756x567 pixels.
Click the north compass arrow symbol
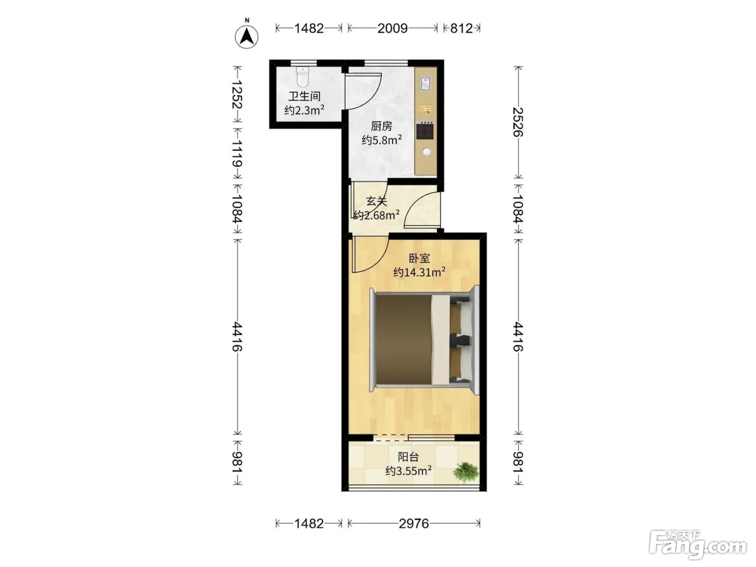247,37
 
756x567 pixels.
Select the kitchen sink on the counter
426,84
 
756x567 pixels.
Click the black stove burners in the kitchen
424,131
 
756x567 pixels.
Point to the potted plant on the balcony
465,473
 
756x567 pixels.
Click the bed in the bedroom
424,340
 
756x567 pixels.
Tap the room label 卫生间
305,96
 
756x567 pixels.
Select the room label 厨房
381,126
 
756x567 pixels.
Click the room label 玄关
376,201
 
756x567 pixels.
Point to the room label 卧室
419,258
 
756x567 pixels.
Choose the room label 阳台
408,457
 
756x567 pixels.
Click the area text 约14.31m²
419,272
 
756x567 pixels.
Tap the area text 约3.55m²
408,470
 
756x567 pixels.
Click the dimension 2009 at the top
392,28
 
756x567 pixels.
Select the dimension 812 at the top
462,28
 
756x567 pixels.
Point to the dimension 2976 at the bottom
414,524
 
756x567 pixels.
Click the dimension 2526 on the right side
518,122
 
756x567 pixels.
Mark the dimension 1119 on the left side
237,153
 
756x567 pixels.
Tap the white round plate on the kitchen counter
427,152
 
